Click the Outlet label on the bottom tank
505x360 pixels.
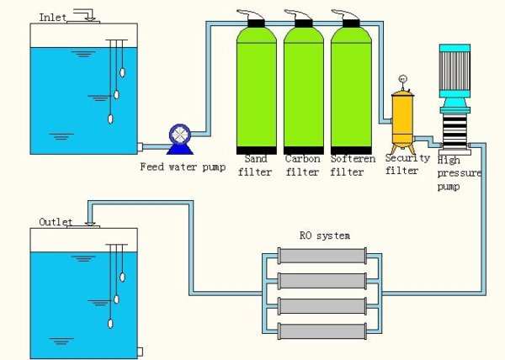56,222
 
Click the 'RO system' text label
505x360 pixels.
325,236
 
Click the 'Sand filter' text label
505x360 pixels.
256,164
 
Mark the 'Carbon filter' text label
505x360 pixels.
303,164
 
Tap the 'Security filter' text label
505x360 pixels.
407,164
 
